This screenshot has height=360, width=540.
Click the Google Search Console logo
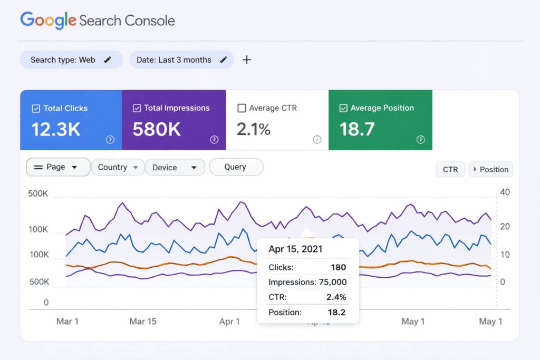[98, 21]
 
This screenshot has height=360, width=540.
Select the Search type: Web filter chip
[71, 60]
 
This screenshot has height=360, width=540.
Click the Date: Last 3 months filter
[181, 60]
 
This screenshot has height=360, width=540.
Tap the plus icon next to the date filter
[246, 60]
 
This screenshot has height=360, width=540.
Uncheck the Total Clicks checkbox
[36, 108]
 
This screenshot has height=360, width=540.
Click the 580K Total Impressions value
[157, 129]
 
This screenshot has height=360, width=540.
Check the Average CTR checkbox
[242, 108]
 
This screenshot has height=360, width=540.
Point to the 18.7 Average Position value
[356, 129]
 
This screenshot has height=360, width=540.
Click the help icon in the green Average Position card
[420, 140]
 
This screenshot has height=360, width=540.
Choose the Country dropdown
[117, 167]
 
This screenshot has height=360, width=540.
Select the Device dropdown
[175, 167]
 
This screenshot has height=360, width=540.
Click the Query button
[235, 167]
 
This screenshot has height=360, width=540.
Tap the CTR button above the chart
[450, 170]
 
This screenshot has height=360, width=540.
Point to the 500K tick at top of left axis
[38, 194]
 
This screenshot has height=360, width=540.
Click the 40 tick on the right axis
[505, 192]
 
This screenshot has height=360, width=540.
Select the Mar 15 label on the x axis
[143, 322]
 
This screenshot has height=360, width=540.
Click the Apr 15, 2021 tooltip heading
[295, 249]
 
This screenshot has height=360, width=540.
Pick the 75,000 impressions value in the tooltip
[332, 282]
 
